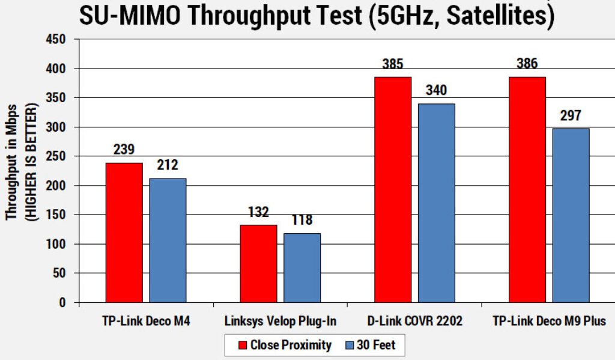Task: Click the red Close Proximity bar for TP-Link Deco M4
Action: coord(124,233)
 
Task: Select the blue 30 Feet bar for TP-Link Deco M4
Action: coord(168,240)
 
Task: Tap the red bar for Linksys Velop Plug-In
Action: coord(259,264)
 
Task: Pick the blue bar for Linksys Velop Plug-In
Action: coord(302,268)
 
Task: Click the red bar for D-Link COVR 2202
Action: coord(393,190)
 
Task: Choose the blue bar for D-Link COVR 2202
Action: coord(437,203)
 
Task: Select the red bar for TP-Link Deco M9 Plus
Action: coord(527,190)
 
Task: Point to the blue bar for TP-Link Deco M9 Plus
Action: coord(571,216)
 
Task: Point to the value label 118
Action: coord(302,221)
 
